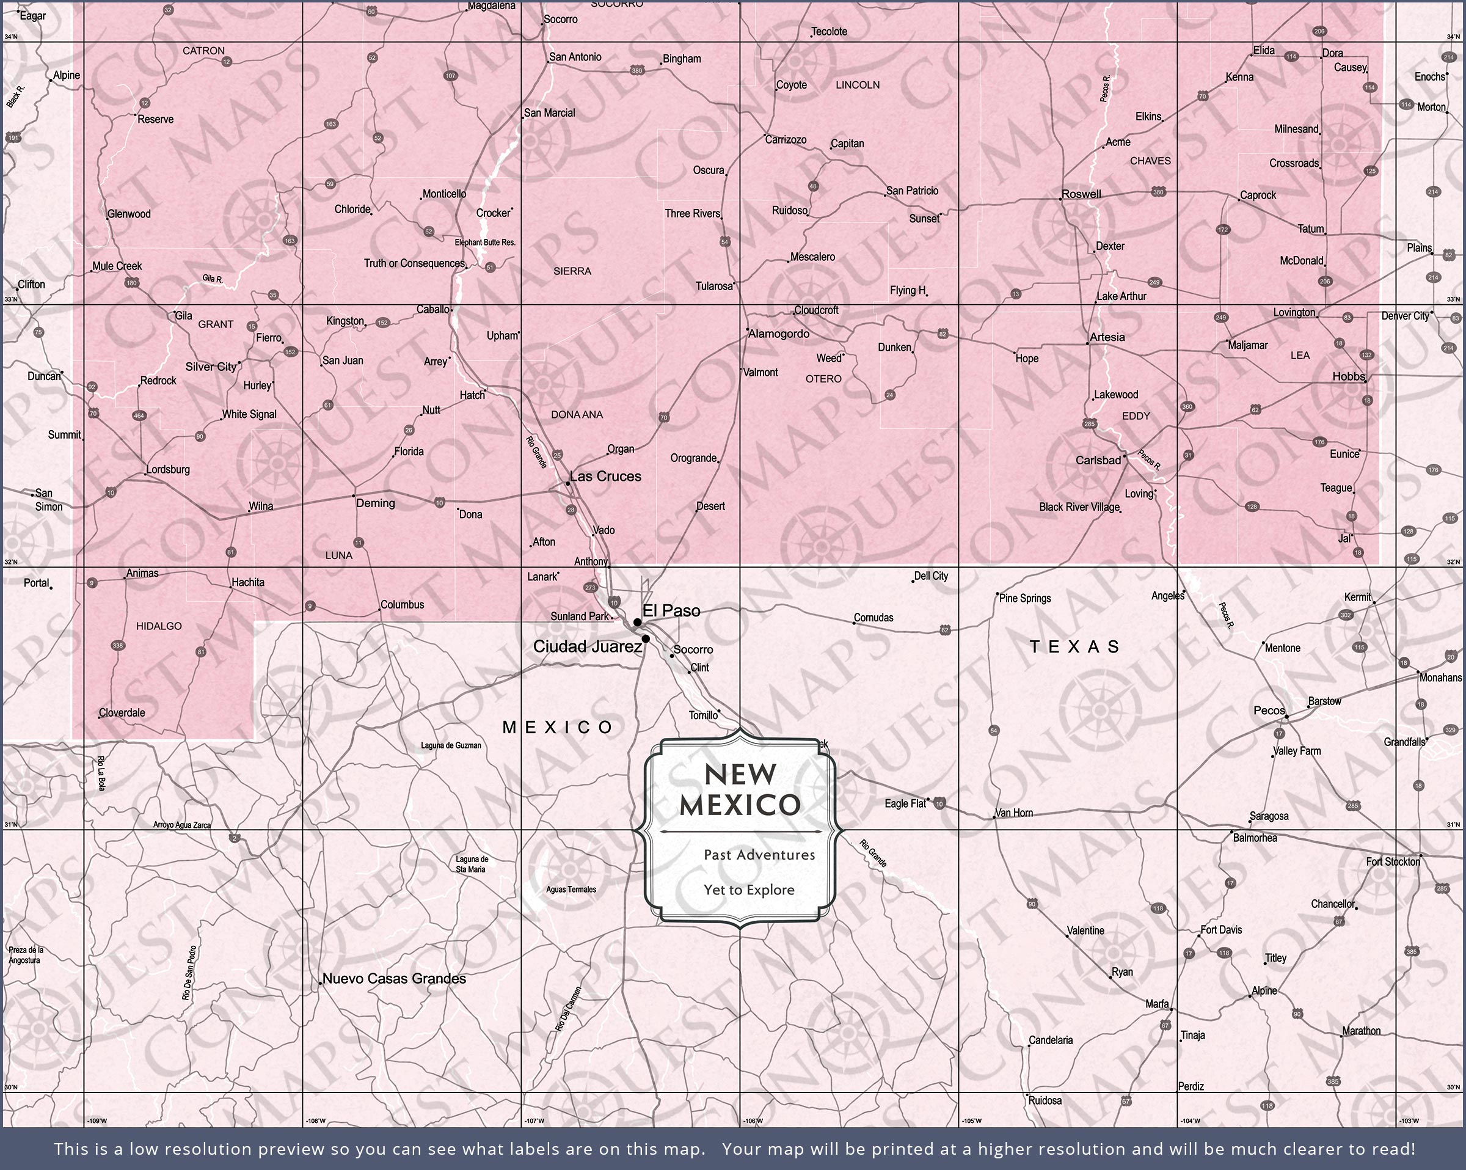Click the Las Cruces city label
(x=605, y=477)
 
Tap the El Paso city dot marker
(x=637, y=623)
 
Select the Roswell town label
(x=1081, y=194)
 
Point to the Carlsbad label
(x=1098, y=461)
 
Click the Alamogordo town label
(x=779, y=334)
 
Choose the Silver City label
(x=211, y=367)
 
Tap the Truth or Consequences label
(x=414, y=263)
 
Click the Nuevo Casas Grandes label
(x=395, y=979)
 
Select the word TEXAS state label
(x=1074, y=647)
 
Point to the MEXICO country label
(x=558, y=727)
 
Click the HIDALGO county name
(x=159, y=626)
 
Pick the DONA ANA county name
(x=577, y=414)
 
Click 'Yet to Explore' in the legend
(x=749, y=890)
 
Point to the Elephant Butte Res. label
(x=485, y=242)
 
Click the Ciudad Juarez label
(x=588, y=647)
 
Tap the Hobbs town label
(x=1347, y=376)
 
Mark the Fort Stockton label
(x=1393, y=862)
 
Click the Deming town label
(x=375, y=503)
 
